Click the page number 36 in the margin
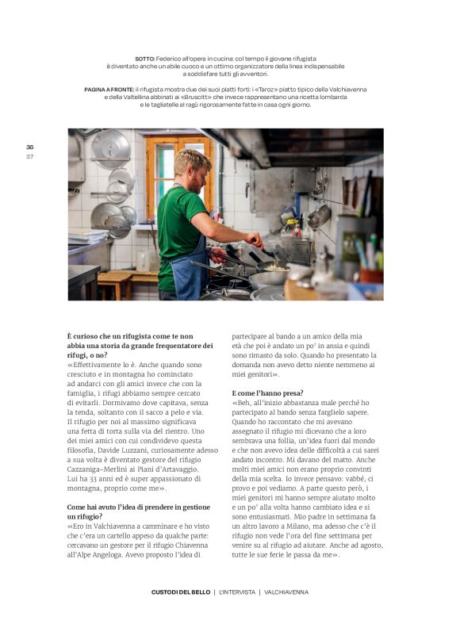[29, 147]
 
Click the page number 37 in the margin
[29, 155]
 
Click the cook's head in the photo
[192, 167]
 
